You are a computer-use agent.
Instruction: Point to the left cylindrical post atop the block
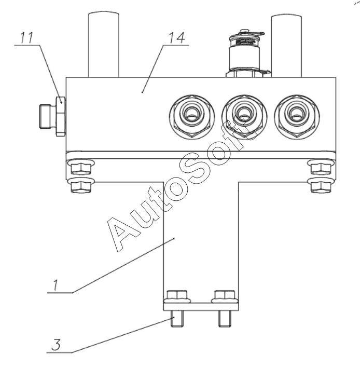[104, 44]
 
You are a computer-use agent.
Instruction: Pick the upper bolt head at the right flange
[321, 168]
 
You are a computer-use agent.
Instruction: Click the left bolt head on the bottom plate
[177, 296]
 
